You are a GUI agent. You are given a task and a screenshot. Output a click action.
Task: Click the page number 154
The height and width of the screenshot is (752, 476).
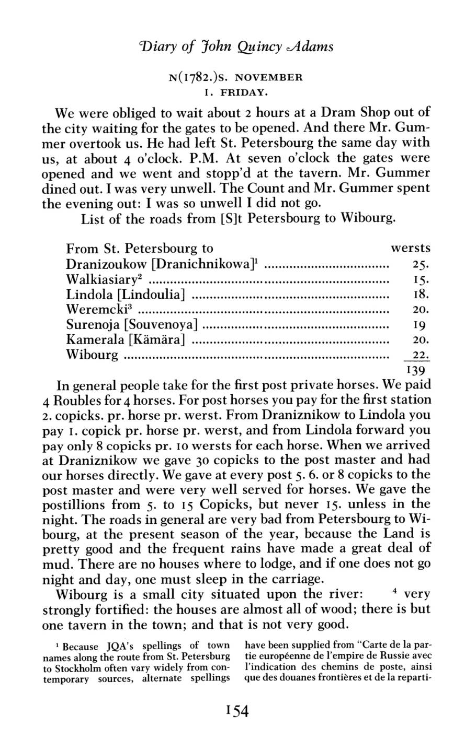237,712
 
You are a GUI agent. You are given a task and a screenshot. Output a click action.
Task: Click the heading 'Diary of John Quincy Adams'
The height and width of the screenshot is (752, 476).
237,48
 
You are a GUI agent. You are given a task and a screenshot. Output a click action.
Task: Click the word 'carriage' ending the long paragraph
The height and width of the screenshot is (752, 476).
303,580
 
